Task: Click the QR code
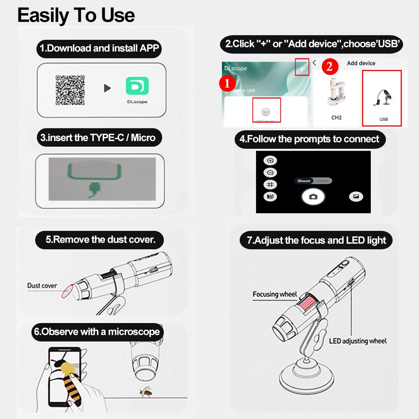[70, 91]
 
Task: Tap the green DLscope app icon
[137, 87]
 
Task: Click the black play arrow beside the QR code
[108, 88]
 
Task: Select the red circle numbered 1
[227, 84]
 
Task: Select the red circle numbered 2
[330, 67]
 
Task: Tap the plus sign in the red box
[302, 68]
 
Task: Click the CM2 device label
[336, 118]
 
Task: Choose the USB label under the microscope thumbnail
[383, 119]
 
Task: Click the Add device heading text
[361, 63]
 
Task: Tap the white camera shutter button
[313, 197]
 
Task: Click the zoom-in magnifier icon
[270, 161]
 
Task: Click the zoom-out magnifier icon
[270, 173]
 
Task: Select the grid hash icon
[270, 184]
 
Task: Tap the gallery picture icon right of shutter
[356, 197]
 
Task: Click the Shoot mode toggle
[304, 181]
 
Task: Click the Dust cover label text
[42, 286]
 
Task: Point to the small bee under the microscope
[146, 392]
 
